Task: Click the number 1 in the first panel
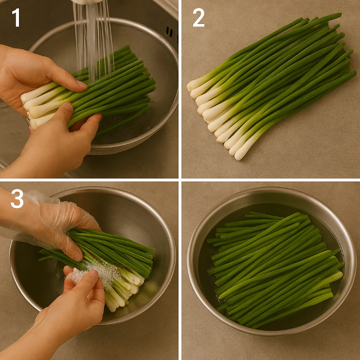click(x=16, y=17)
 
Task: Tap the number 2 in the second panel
click(x=198, y=17)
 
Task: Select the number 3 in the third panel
click(x=17, y=198)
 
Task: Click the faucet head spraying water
click(x=87, y=2)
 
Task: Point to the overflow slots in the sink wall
click(x=169, y=32)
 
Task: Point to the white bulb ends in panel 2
click(x=218, y=119)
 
